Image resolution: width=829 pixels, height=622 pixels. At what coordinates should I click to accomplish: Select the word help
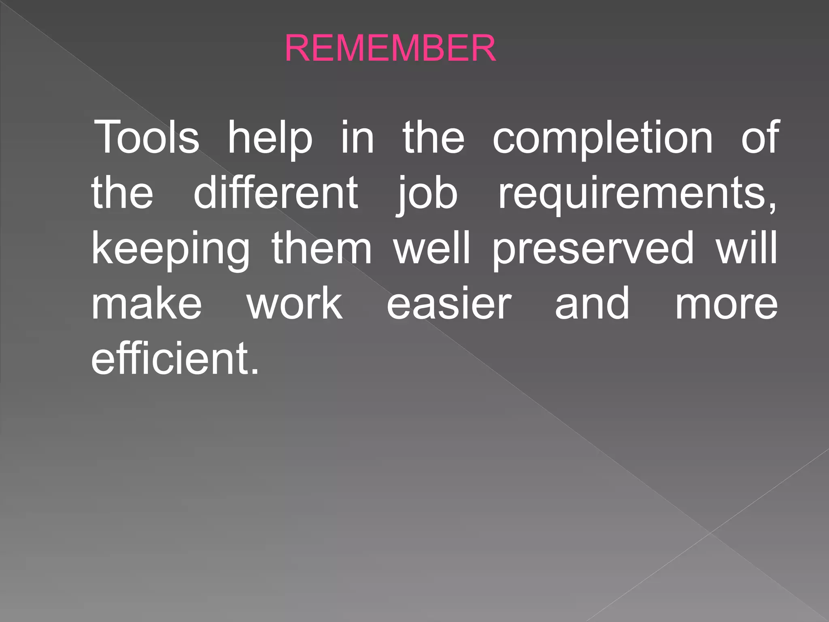click(x=270, y=138)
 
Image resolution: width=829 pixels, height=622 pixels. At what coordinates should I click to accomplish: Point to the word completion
click(x=602, y=138)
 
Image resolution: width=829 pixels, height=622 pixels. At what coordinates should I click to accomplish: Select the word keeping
click(x=171, y=249)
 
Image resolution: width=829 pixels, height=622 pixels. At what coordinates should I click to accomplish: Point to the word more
click(x=727, y=304)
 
